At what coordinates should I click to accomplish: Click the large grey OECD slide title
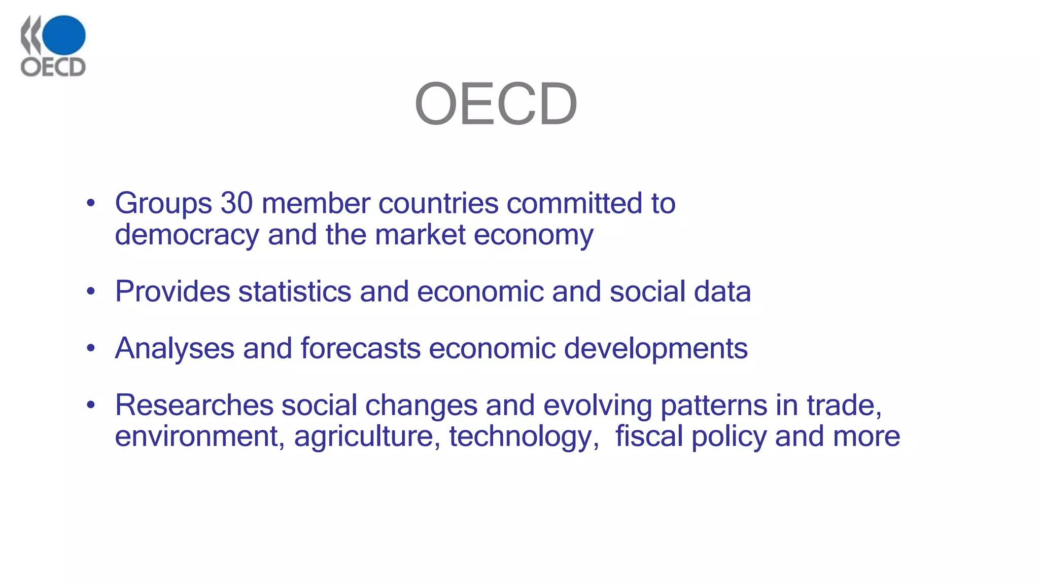(496, 104)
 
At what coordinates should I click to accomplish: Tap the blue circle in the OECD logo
(64, 35)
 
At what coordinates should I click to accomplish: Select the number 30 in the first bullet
(236, 203)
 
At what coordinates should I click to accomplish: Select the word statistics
(295, 292)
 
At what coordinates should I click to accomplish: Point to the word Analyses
(175, 349)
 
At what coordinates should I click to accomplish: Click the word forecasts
(360, 349)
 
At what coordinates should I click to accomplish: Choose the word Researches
(194, 406)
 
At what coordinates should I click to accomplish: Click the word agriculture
(367, 437)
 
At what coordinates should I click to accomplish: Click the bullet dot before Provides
(91, 291)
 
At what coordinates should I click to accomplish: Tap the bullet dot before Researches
(91, 405)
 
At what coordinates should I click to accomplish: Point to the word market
(420, 235)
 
